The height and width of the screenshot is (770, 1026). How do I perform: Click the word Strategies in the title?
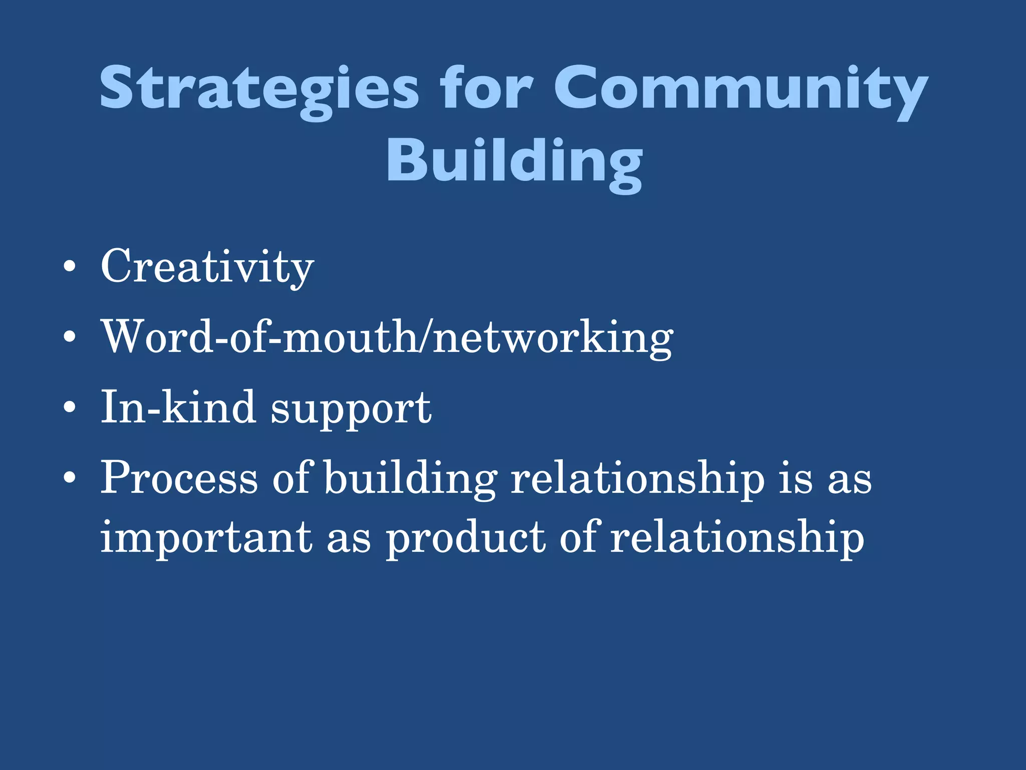tap(259, 89)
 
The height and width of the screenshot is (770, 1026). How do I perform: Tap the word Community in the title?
tap(740, 89)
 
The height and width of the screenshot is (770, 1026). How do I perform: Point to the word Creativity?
tap(207, 267)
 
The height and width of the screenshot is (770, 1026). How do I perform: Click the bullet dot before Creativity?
tap(70, 267)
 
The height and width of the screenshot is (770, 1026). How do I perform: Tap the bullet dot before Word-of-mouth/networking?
tap(70, 337)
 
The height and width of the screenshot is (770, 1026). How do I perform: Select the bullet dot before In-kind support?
tap(70, 408)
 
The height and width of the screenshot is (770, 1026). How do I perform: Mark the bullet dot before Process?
tap(70, 478)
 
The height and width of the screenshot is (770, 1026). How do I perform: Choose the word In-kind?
tap(178, 407)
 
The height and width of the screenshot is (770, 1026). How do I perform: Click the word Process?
tap(179, 478)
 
